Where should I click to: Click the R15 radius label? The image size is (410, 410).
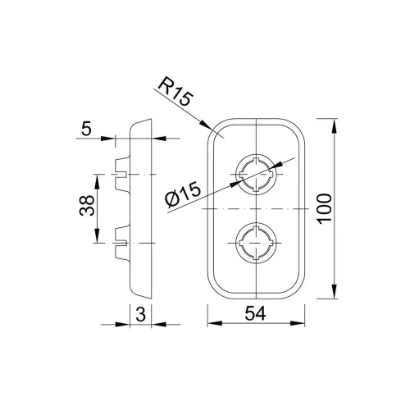coord(175,92)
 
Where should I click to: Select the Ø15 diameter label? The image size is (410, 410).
coord(183,194)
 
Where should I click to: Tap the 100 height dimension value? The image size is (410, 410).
coord(325,208)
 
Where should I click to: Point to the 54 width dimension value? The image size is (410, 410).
coord(255,313)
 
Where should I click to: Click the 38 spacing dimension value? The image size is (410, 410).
coord(87,205)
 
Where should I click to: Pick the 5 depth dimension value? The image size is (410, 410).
coord(86,129)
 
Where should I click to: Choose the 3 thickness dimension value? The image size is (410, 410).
coord(140,314)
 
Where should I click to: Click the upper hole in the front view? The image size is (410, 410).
coord(256,175)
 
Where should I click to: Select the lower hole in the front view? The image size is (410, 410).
coord(256,243)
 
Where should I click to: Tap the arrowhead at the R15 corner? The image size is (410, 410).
coord(206,125)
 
